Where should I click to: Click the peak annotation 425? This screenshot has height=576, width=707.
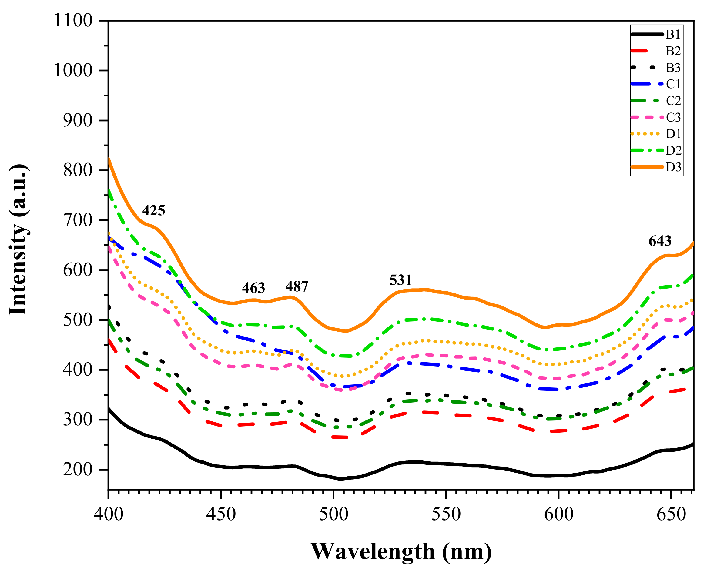[x=153, y=210]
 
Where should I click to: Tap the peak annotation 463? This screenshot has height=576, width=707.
[x=253, y=288]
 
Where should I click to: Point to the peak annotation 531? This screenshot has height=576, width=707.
[x=400, y=280]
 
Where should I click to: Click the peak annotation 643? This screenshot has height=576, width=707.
[x=660, y=241]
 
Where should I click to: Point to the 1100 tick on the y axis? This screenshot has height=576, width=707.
[x=73, y=21]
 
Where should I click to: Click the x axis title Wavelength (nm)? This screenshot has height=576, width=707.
[x=401, y=552]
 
